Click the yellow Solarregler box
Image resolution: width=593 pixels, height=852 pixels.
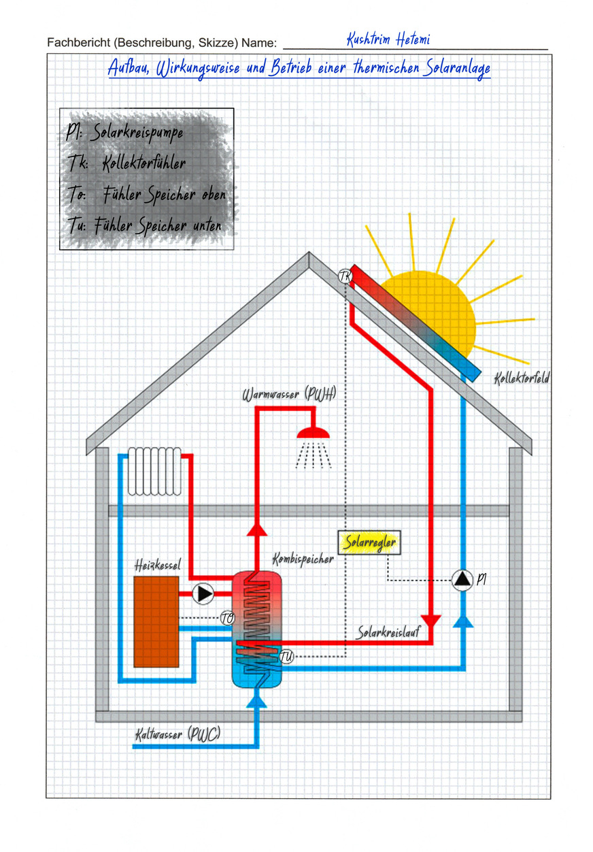pos(369,543)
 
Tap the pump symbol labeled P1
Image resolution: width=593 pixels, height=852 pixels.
pos(462,579)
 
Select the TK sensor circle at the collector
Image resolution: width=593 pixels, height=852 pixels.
pos(345,276)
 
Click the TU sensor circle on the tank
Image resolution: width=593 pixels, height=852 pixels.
pos(286,657)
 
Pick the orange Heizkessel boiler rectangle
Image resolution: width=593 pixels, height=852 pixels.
pos(156,621)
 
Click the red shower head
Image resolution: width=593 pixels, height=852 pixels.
pos(314,432)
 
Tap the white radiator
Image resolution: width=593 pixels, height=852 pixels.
pos(154,470)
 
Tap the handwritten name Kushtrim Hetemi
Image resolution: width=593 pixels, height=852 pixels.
pos(388,40)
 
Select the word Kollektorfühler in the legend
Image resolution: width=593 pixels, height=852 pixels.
pos(143,163)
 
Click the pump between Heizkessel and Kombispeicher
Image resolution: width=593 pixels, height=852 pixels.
pos(203,593)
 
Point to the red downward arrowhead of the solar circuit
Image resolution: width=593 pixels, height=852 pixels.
pos(432,621)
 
